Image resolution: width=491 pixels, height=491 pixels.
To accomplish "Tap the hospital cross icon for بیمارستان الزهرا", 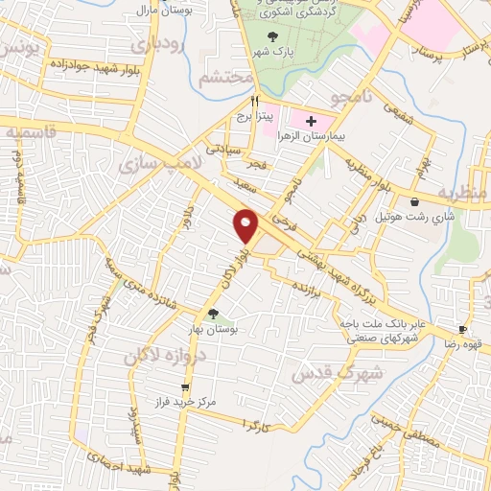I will point(310,121).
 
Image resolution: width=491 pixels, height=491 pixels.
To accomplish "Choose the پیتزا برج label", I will point(256,116).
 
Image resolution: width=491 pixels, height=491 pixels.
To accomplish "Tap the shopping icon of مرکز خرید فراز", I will point(186,388).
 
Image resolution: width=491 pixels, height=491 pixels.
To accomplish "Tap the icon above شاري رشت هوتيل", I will point(414,202).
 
